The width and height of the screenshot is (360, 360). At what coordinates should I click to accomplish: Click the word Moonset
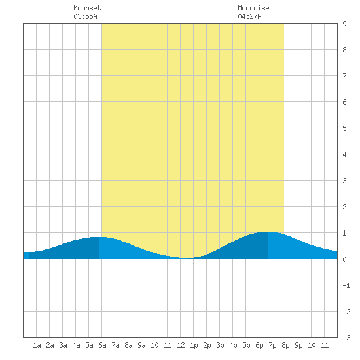coord(87,8)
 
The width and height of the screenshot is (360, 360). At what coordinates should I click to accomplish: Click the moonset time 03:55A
coord(85,16)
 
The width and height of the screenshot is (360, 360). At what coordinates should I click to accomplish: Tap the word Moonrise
coord(253,8)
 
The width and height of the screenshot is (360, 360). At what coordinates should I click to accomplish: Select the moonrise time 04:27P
coord(249,16)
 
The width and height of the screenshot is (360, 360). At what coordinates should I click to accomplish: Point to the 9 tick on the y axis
coord(344,24)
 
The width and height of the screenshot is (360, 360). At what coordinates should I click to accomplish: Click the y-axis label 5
coord(344,128)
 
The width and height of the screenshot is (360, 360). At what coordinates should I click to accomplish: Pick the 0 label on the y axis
coord(344,259)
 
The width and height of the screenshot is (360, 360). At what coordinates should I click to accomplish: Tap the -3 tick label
coord(346,338)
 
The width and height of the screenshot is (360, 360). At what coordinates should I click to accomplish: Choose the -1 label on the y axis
coord(346,285)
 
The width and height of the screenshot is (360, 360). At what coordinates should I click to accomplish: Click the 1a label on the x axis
coord(37,345)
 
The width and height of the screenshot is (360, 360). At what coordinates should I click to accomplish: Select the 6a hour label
coord(102,345)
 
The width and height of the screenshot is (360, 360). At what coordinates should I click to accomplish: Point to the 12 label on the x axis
coord(181,345)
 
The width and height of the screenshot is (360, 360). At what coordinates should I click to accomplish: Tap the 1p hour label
coord(194,345)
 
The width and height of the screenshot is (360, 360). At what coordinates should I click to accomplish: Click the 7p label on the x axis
coord(272,345)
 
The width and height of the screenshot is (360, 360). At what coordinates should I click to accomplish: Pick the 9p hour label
coord(298,345)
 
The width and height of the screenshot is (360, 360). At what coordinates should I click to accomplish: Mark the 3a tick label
coord(63,345)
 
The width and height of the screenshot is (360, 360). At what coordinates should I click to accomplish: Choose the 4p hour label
coord(233,345)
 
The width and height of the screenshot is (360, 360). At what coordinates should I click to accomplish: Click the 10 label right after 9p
coord(312,345)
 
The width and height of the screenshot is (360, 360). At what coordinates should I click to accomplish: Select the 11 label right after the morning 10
coord(168,345)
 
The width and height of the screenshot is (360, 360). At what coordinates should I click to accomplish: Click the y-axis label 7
coord(344,76)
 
